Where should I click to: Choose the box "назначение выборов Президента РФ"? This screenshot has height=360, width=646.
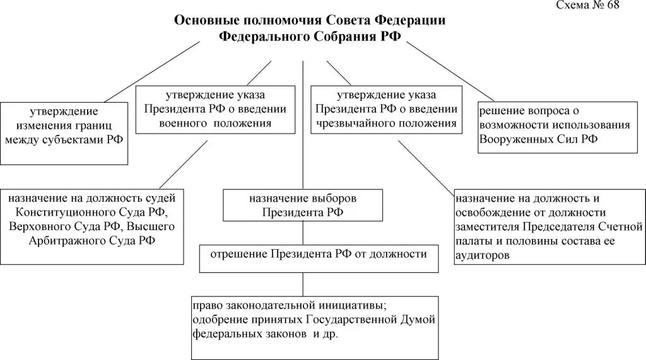[x=303, y=206]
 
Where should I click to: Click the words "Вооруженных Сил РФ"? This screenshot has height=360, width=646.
[x=538, y=139]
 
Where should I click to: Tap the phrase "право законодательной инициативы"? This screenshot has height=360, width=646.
[x=273, y=305]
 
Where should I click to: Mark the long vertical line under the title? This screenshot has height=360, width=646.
[x=303, y=126]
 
